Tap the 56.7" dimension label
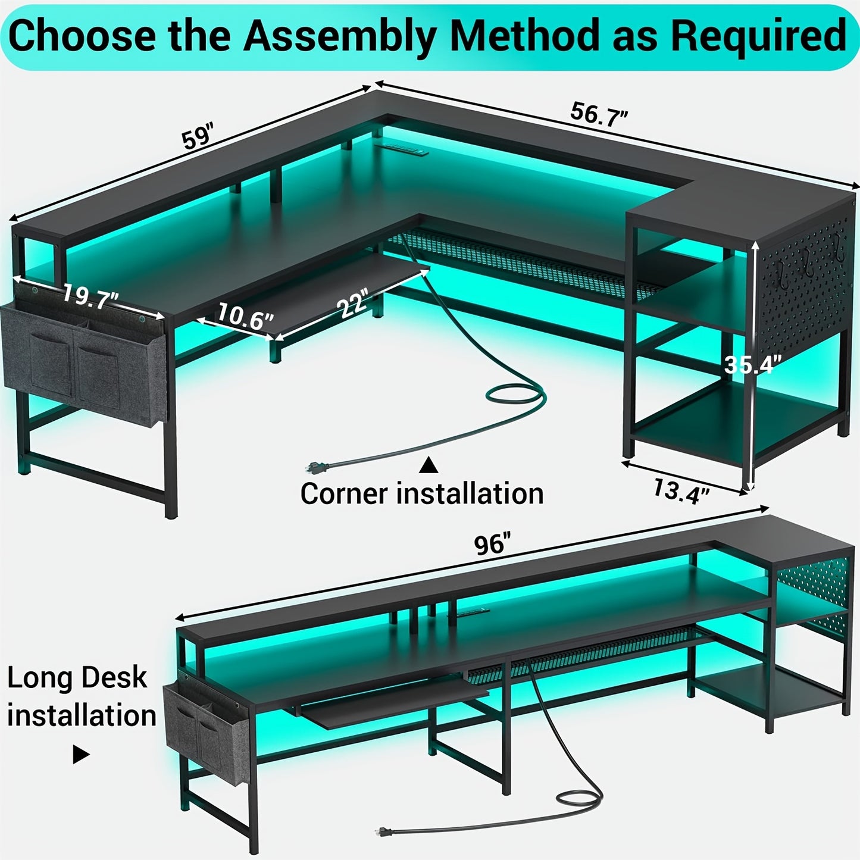coord(599,115)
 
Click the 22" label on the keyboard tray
coord(352,302)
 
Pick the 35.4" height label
coord(752,364)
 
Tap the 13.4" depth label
coord(681,490)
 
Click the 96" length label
coord(492,544)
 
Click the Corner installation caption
coord(422,493)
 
